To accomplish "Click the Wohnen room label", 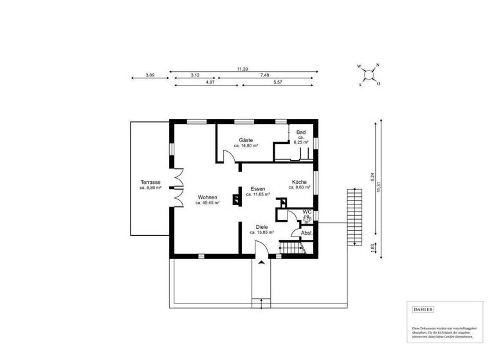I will click(x=207, y=197).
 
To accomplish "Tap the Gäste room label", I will click(x=246, y=140).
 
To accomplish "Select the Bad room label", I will click(x=300, y=132).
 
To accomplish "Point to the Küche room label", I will click(x=299, y=182).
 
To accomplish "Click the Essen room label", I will click(x=258, y=188).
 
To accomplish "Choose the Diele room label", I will click(x=261, y=227).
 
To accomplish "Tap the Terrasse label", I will click(x=150, y=183).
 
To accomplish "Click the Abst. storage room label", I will click(x=307, y=233).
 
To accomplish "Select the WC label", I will click(x=307, y=211).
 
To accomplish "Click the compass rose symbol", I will click(x=369, y=74).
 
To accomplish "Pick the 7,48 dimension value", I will click(x=264, y=75).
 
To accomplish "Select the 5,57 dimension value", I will click(x=278, y=83).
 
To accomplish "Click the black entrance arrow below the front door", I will click(x=261, y=262).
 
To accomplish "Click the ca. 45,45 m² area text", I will click(x=207, y=203).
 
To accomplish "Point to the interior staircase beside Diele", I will click(x=291, y=248).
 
